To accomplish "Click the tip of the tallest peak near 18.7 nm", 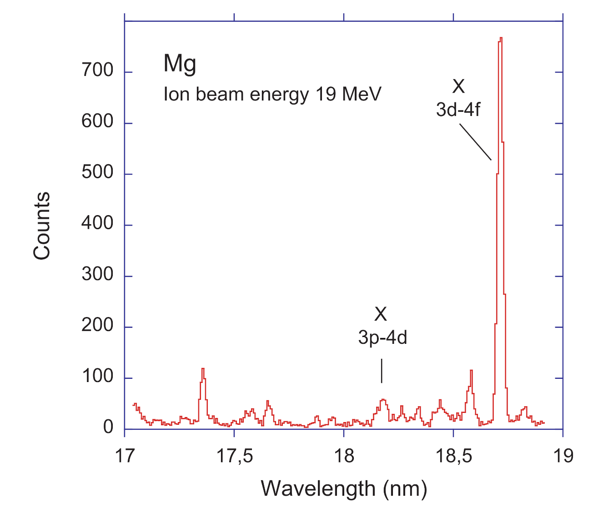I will click(501, 38).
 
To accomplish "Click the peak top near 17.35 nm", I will click(203, 369).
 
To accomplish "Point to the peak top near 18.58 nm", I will click(471, 371).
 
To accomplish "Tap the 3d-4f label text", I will click(458, 110).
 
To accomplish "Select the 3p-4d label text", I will click(382, 338).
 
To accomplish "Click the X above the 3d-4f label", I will click(458, 86).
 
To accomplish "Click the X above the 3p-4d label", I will click(381, 314).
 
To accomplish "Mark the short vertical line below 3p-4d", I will click(382, 371).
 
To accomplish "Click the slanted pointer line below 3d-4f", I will click(475, 142).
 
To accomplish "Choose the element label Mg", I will click(180, 64).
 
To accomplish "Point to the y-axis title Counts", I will click(42, 226).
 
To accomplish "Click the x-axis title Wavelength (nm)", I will click(344, 489).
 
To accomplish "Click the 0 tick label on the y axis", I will click(108, 428).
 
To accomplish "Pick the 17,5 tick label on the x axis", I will click(234, 456).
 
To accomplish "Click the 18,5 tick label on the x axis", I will click(453, 456).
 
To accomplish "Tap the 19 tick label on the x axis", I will click(563, 456).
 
